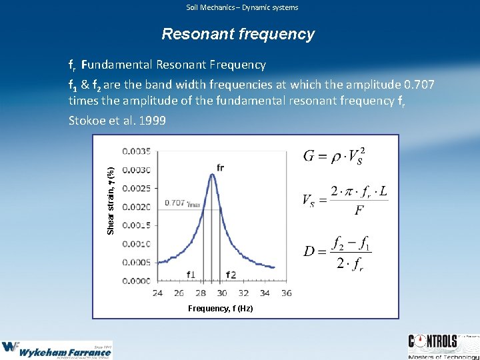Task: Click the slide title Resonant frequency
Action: [239, 34]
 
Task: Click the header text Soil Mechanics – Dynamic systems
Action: [242, 7]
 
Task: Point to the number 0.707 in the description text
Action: [419, 85]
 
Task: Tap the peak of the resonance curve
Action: [212, 174]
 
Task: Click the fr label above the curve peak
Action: [220, 166]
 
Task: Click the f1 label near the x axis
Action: [191, 274]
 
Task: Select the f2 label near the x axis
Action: [231, 274]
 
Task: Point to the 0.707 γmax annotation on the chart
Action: [183, 203]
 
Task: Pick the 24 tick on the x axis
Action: [159, 293]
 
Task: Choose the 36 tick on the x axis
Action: [286, 293]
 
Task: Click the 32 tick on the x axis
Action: [243, 293]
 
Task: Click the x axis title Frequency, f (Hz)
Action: [220, 308]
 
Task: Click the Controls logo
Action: [442, 345]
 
